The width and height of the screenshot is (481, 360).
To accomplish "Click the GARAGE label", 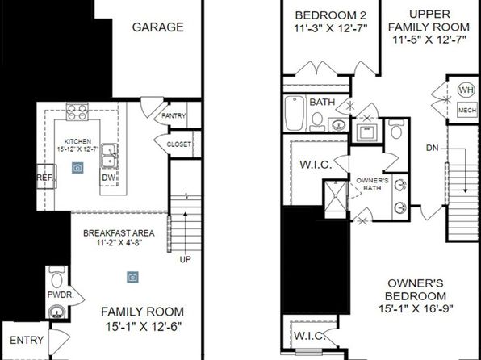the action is [x=158, y=27].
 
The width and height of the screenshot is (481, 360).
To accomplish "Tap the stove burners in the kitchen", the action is [x=77, y=111].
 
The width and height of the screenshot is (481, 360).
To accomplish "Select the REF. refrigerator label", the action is [x=45, y=178].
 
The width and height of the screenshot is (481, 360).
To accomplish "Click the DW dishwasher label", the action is [x=108, y=178].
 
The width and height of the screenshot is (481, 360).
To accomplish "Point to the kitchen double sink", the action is [x=109, y=155].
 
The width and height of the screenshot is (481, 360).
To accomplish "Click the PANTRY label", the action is [x=174, y=116].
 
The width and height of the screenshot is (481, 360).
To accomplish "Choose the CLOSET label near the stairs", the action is [x=179, y=144].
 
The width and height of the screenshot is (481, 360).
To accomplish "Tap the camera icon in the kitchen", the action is [x=77, y=168].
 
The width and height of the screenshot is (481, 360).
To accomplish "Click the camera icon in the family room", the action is [x=132, y=277].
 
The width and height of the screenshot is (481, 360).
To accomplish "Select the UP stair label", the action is [x=186, y=260].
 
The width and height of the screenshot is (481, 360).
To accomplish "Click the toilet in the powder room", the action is [x=56, y=277].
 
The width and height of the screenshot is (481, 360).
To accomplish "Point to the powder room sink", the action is [x=56, y=312].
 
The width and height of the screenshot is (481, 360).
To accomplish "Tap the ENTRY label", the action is [x=27, y=340].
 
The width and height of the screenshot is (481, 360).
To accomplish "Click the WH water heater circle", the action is [x=466, y=90].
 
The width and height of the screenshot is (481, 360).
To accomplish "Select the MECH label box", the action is [x=467, y=110].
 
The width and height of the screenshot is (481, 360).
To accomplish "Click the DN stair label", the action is [x=433, y=149].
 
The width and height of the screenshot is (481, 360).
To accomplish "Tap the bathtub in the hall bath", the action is [x=295, y=113].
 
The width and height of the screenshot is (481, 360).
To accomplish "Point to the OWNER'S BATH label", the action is [x=372, y=184].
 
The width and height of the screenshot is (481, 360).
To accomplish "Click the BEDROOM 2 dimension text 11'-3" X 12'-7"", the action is [x=331, y=28].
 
